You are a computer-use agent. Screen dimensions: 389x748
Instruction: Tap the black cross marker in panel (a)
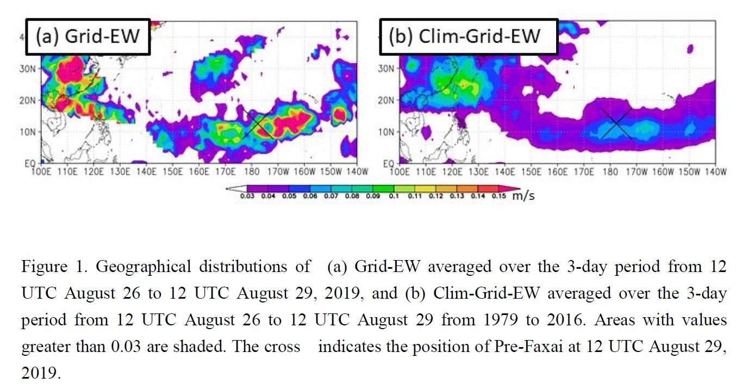click(258, 124)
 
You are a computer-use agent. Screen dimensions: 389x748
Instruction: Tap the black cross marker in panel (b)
click(616, 123)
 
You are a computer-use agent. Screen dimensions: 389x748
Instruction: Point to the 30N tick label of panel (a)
click(35, 69)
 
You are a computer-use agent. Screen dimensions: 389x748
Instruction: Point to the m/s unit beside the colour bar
click(522, 195)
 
